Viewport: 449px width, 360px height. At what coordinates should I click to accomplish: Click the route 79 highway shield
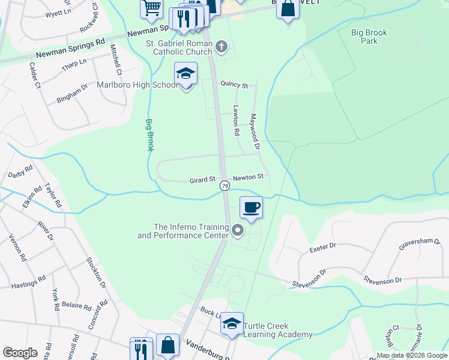pos(224,186)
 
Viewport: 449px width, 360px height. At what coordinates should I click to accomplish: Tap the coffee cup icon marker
pos(251,208)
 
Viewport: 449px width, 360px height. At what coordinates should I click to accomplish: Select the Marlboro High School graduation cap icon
pos(186,74)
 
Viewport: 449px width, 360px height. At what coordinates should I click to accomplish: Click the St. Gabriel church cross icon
pos(221,46)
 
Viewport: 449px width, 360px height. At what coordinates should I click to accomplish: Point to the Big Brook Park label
pos(369,37)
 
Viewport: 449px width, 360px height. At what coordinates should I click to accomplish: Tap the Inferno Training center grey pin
pos(238,230)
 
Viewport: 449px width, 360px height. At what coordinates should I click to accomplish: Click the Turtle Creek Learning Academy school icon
pos(232,324)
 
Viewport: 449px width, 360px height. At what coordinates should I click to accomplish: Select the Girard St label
pos(202,179)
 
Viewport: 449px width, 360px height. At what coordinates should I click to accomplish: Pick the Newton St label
pos(249,177)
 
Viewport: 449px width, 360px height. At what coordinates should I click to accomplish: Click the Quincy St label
pos(234,85)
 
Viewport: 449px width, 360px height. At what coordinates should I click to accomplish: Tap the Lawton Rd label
pos(237,120)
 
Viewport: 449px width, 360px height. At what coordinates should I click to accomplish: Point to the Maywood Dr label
pos(255,131)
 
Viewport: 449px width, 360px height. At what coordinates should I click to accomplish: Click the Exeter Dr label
pos(323,247)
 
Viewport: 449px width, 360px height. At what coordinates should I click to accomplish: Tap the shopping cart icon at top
pos(151,8)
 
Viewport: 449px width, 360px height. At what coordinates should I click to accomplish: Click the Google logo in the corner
pos(20,352)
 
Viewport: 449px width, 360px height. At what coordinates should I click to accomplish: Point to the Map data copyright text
pos(412,355)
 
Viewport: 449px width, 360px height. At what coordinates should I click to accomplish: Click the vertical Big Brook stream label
pos(149,134)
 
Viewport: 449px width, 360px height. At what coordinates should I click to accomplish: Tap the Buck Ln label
pos(210,312)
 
